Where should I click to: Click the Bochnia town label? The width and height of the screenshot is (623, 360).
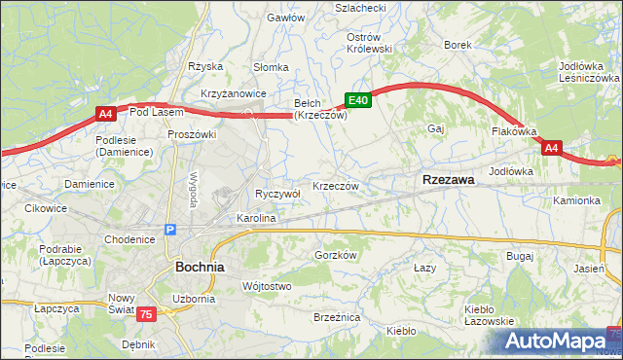pyautogui.click(x=200, y=266)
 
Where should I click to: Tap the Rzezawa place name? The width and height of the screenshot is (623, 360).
pyautogui.click(x=448, y=180)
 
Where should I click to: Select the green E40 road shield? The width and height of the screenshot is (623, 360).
pyautogui.click(x=357, y=99)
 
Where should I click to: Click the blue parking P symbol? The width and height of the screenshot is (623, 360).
pyautogui.click(x=170, y=230)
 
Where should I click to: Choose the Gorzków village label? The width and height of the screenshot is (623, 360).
pyautogui.click(x=338, y=255)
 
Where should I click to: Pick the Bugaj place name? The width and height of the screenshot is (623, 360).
pyautogui.click(x=520, y=255)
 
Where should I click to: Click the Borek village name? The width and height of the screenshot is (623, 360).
pyautogui.click(x=458, y=45)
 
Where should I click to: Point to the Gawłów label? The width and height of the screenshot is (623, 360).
pyautogui.click(x=286, y=18)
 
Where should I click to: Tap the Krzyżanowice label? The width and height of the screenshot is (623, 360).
pyautogui.click(x=234, y=92)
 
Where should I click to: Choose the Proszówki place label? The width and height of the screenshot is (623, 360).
pyautogui.click(x=191, y=134)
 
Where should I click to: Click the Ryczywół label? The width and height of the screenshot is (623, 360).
pyautogui.click(x=277, y=194)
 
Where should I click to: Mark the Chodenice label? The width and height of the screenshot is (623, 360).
pyautogui.click(x=129, y=239)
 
